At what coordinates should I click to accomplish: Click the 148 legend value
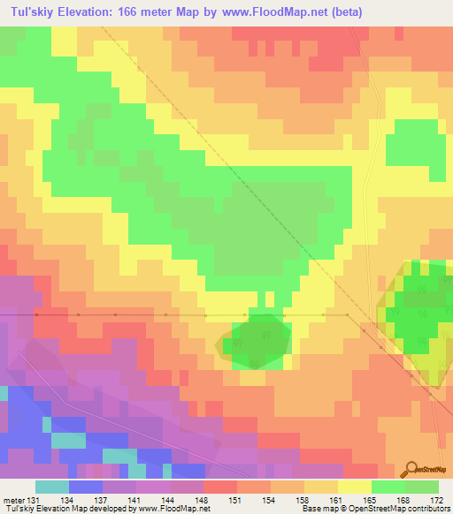point(203,500)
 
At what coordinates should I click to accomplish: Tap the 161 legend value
point(337,500)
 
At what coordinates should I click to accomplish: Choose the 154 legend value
point(270,500)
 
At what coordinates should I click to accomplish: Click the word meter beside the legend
point(12,500)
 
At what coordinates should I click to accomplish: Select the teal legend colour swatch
point(52,487)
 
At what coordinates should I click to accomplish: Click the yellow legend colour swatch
point(354,487)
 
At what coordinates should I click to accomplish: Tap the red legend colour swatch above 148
point(219,487)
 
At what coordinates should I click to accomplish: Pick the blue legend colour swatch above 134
point(86,487)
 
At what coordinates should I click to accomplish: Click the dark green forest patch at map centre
point(258,338)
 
